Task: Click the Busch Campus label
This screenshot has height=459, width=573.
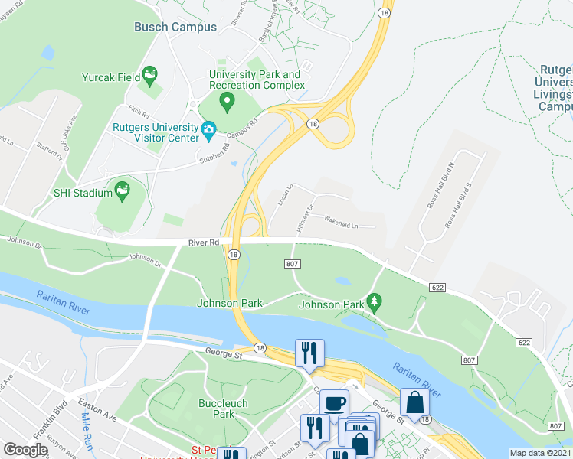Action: tap(175, 27)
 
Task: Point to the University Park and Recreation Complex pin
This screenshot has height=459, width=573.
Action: tap(226, 100)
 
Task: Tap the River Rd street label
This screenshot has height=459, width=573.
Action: tap(204, 243)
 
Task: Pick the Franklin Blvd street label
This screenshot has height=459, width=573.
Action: tap(56, 413)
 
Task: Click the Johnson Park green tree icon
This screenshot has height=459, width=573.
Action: tap(375, 301)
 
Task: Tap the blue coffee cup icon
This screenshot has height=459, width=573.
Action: tap(334, 403)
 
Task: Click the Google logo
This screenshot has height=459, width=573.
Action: tap(25, 450)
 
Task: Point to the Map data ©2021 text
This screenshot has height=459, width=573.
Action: tap(541, 453)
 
